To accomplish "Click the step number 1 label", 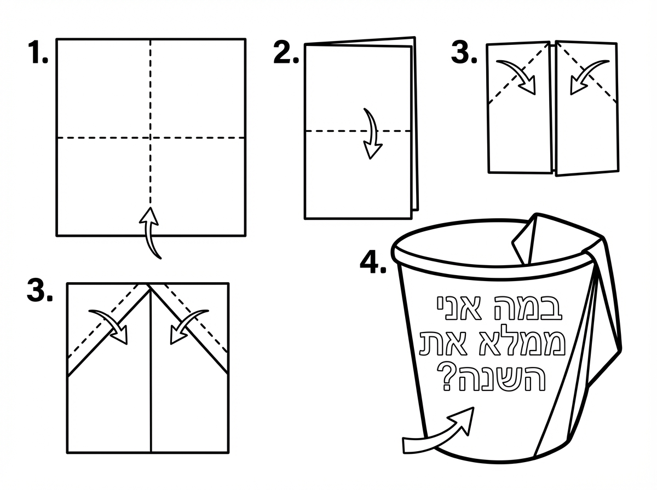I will pyautogui.click(x=38, y=54).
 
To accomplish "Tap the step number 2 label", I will pyautogui.click(x=286, y=53).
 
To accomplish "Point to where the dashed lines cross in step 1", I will pyautogui.click(x=151, y=137).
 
